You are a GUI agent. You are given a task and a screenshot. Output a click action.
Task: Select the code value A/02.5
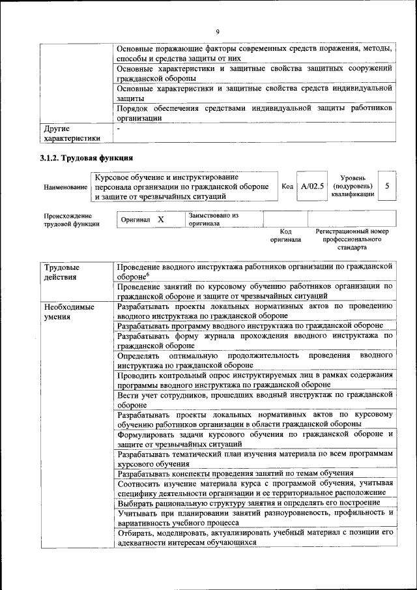pyautogui.click(x=313, y=186)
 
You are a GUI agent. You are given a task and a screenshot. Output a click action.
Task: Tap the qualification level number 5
pyautogui.click(x=387, y=186)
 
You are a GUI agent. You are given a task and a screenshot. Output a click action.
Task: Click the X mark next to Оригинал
pyautogui.click(x=160, y=220)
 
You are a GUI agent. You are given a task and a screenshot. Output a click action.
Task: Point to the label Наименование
pyautogui.click(x=65, y=187)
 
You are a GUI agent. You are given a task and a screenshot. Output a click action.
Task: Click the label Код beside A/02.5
pyautogui.click(x=287, y=186)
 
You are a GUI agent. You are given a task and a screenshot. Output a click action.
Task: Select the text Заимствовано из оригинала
pyautogui.click(x=214, y=219)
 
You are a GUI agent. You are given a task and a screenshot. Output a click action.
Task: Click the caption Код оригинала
pyautogui.click(x=285, y=235)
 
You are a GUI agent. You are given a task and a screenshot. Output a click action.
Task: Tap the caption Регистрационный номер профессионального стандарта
pyautogui.click(x=351, y=239)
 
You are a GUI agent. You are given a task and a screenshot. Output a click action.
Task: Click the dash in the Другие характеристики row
pyautogui.click(x=119, y=129)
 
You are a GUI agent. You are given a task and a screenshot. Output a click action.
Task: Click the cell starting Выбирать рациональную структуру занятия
pyautogui.click(x=248, y=503)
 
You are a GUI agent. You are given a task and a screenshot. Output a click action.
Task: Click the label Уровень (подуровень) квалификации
pyautogui.click(x=352, y=186)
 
